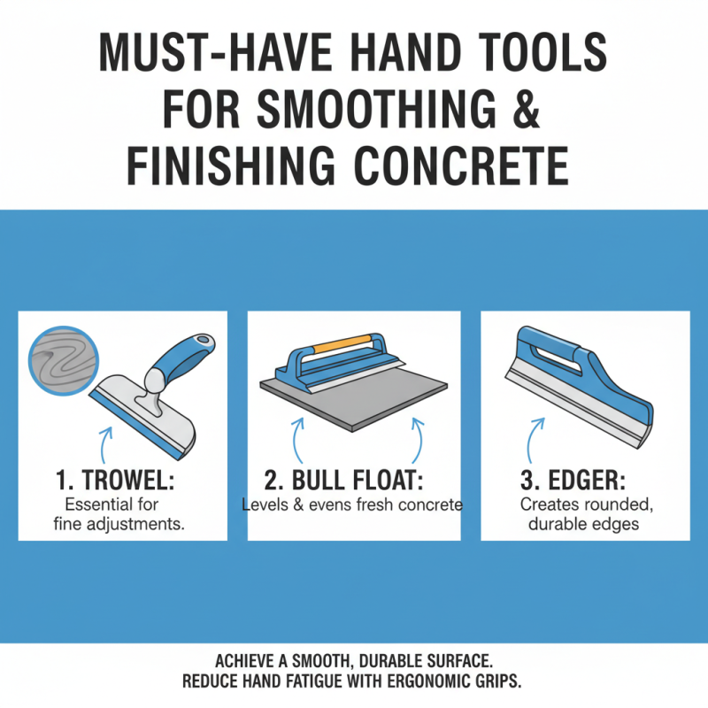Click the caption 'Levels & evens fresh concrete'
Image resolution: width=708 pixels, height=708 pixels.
(352, 505)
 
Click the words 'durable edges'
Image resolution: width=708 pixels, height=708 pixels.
(584, 523)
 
